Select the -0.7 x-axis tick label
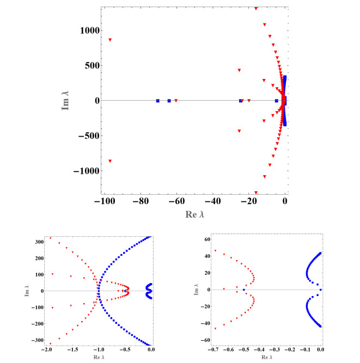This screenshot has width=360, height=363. tap(215, 349)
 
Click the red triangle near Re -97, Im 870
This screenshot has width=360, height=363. tap(110, 40)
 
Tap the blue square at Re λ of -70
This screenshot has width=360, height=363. tap(158, 101)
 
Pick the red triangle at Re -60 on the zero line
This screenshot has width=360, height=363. tap(176, 101)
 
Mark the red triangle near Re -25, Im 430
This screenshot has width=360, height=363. tap(239, 70)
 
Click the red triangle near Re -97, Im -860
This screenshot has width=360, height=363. tap(110, 161)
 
